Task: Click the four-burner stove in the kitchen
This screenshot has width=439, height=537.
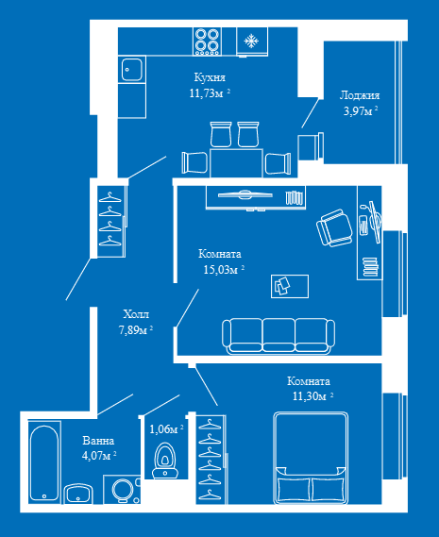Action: (x=207, y=42)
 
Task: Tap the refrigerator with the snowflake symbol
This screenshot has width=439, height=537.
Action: (x=252, y=42)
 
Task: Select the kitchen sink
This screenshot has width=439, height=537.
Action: (x=131, y=70)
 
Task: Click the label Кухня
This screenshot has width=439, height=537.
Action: (x=210, y=77)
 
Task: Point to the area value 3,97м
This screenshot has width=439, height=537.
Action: (x=361, y=111)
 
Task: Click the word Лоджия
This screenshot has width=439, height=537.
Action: (x=360, y=95)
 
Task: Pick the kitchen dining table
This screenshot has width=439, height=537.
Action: (x=236, y=163)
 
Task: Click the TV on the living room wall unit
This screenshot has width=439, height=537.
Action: (x=245, y=194)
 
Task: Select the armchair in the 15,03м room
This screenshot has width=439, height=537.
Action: (x=334, y=227)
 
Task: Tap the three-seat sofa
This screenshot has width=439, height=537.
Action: (x=279, y=336)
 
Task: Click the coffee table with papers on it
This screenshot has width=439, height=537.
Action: (x=290, y=286)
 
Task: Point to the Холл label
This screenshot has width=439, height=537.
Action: (x=136, y=314)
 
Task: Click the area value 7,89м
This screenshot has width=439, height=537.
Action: (x=136, y=329)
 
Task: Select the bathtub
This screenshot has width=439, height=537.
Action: (x=44, y=462)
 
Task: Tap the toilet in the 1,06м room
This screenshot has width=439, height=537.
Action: (x=165, y=461)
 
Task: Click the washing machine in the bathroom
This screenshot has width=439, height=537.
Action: (x=122, y=490)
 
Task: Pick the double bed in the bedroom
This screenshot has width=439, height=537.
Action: (x=311, y=459)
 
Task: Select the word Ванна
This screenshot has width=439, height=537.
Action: (x=98, y=441)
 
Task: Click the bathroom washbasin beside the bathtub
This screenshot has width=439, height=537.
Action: (x=78, y=494)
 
